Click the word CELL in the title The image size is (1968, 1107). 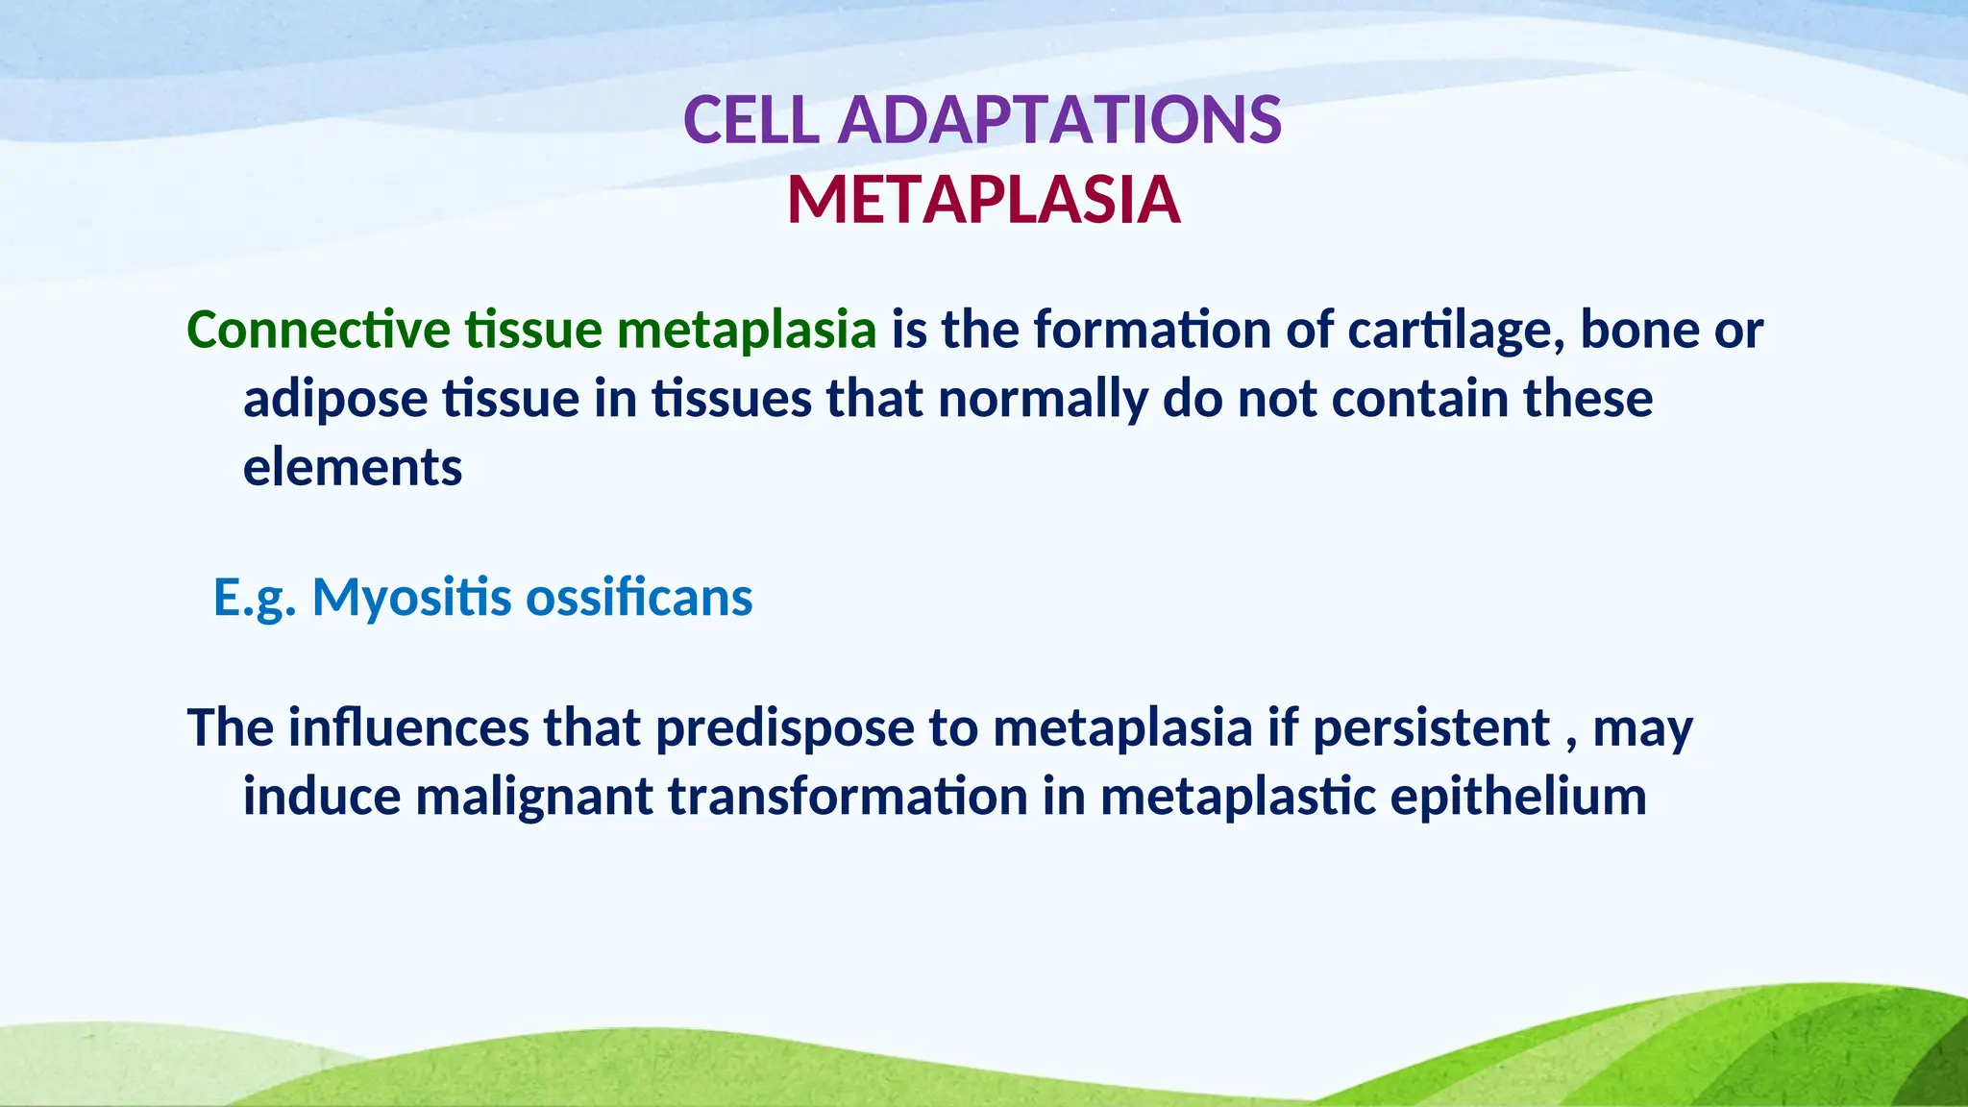[750, 121]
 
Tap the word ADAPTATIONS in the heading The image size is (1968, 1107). [1059, 121]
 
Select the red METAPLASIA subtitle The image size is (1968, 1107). [983, 201]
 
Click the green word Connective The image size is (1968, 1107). [318, 330]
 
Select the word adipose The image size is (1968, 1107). [334, 399]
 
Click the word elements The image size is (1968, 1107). [353, 468]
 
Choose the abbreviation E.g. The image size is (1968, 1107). [255, 598]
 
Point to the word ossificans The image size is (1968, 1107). [639, 598]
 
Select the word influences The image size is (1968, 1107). [408, 727]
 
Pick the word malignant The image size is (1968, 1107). [534, 797]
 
